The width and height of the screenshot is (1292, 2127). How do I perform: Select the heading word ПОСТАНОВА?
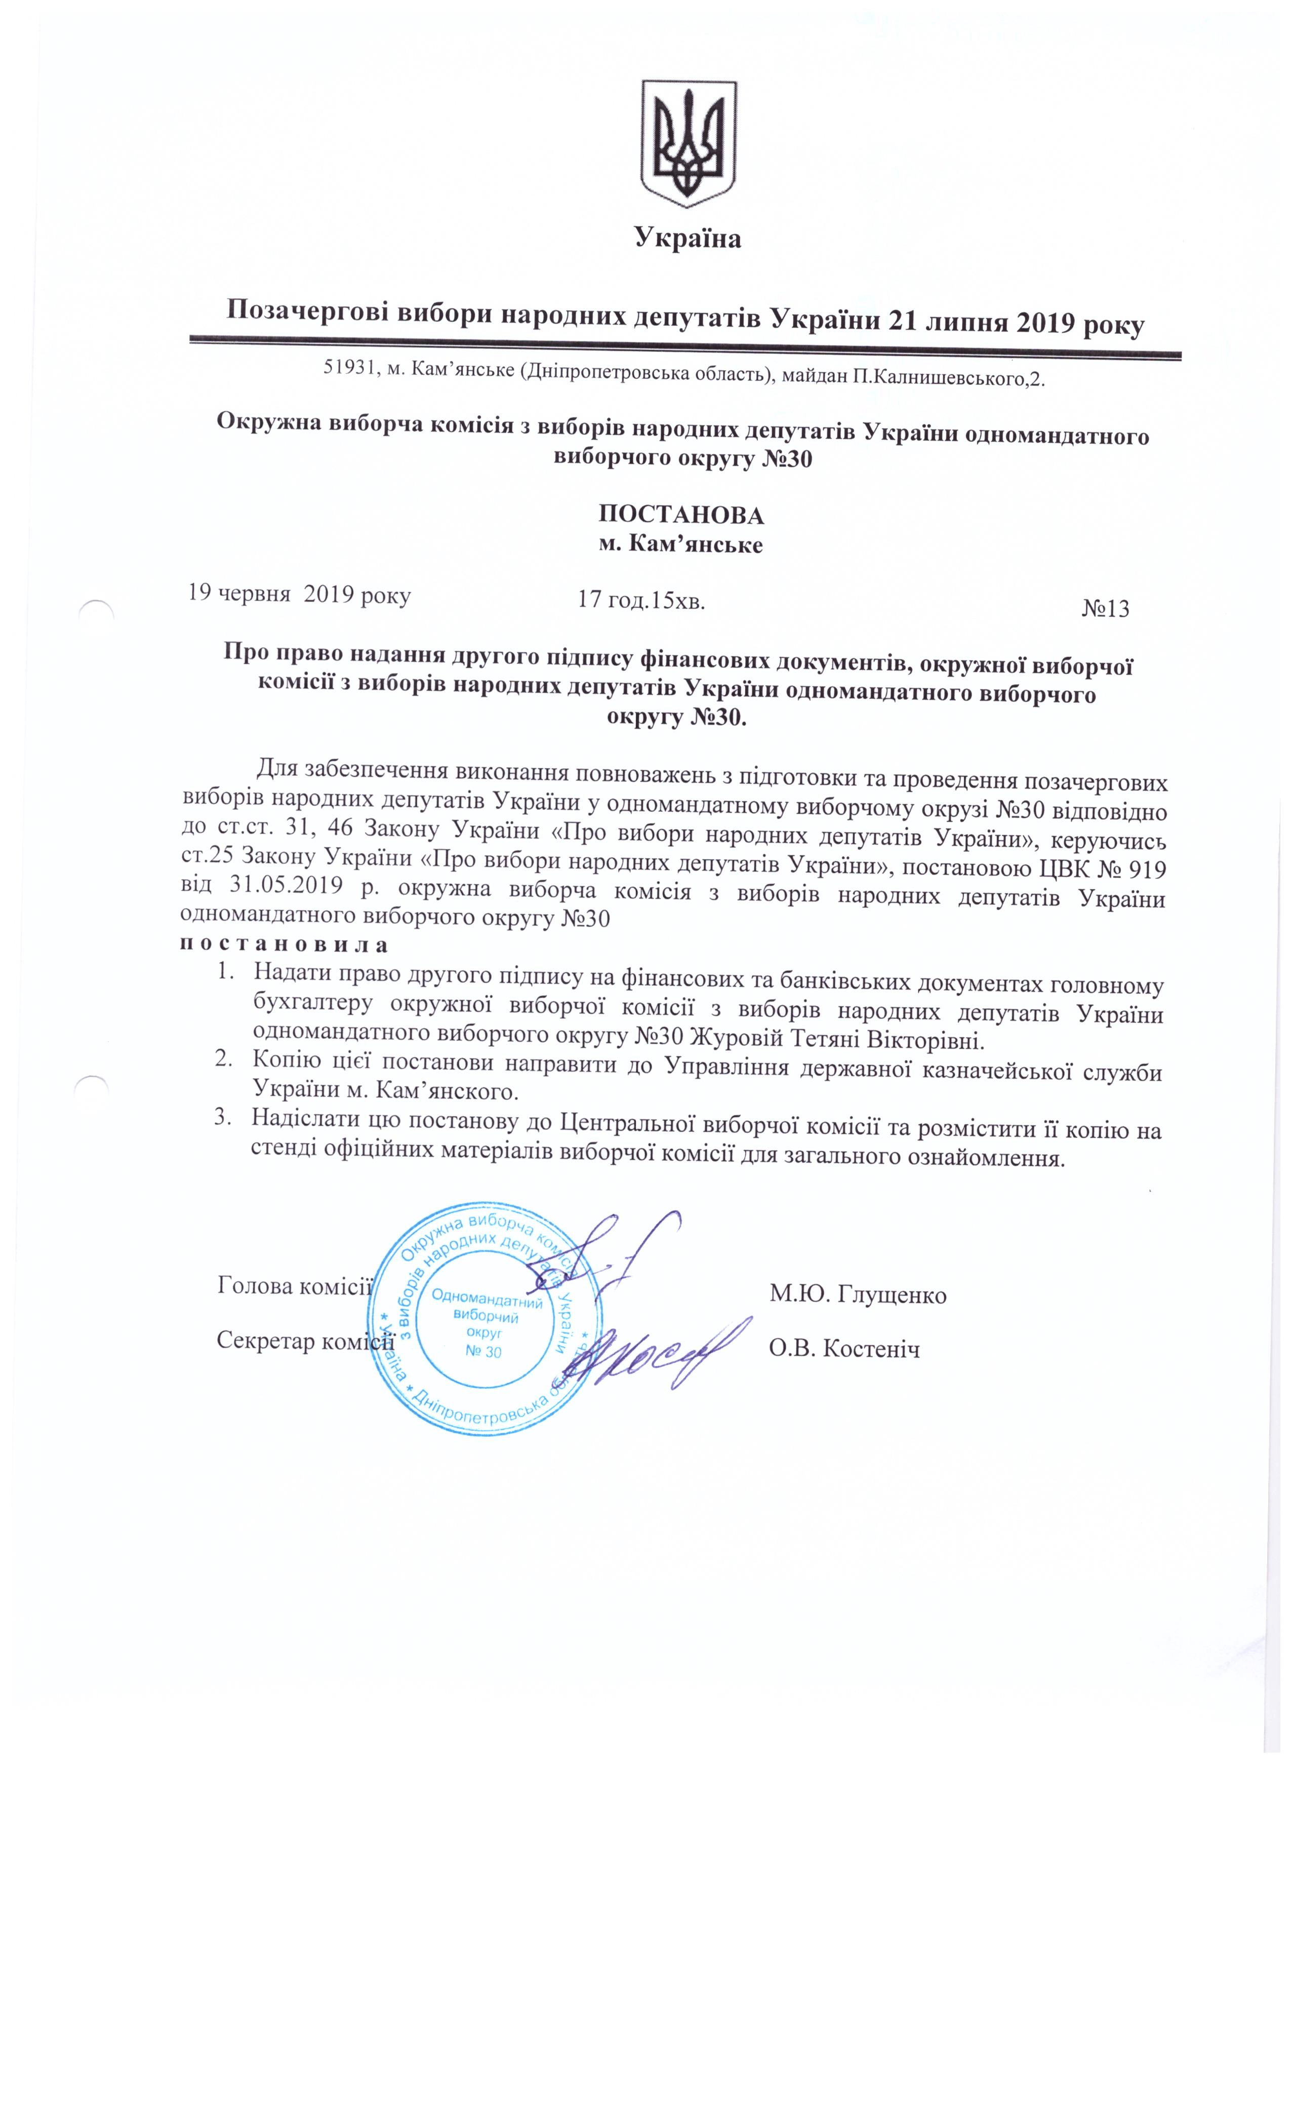pos(681,516)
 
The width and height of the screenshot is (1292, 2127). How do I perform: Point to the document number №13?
pos(1105,609)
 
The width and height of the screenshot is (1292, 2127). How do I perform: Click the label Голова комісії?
pos(294,1286)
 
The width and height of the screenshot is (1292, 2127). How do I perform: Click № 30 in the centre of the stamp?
pos(483,1352)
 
